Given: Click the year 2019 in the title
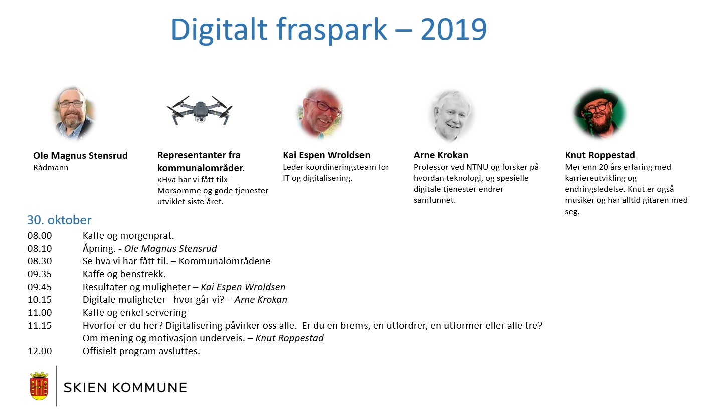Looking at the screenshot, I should [453, 30].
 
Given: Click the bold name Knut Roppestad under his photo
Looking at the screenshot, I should [600, 155].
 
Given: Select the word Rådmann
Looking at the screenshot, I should [51, 168].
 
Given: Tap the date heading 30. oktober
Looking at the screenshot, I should [59, 220].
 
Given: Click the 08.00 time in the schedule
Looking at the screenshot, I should [40, 236].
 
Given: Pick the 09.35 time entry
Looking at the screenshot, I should [40, 274].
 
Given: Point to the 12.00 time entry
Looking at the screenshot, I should [40, 351].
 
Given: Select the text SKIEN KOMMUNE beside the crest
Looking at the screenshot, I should [125, 387].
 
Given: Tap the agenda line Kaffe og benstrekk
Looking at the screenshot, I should [124, 274].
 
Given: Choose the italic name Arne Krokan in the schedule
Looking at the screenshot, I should [261, 300].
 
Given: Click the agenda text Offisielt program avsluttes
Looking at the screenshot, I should [141, 351].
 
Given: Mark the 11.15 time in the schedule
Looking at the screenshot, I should [40, 325].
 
